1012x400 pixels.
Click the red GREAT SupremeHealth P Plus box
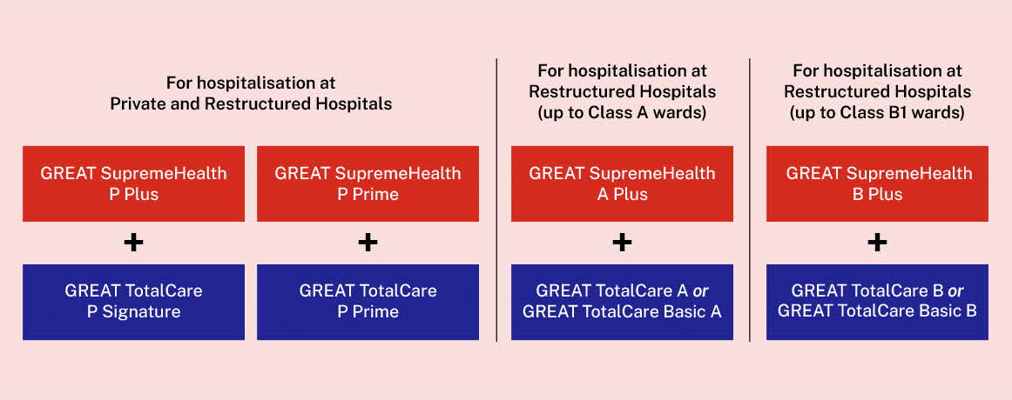coord(133,183)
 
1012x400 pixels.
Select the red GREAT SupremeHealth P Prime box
coord(368,183)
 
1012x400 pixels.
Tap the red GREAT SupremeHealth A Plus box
coord(622,183)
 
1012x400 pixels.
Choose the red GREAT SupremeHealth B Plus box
coord(877,183)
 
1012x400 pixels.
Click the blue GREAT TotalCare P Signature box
coord(133,302)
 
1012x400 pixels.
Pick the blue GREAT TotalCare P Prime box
coord(368,302)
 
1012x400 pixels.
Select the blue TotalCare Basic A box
coord(622,302)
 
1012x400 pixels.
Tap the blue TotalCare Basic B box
coord(877,302)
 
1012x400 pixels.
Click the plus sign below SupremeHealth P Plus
coord(133,243)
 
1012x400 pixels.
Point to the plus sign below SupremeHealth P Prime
coord(368,243)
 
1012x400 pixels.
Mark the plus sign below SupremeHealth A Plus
coord(622,243)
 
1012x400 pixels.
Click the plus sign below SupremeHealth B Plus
coord(877,243)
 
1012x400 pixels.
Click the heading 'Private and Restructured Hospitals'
coord(251,103)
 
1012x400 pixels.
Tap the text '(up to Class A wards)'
coord(622,113)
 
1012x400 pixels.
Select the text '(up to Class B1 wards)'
coord(877,113)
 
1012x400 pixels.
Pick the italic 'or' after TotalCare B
coord(956,291)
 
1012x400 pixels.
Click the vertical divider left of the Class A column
coord(496,200)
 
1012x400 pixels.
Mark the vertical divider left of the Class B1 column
coord(749,200)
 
